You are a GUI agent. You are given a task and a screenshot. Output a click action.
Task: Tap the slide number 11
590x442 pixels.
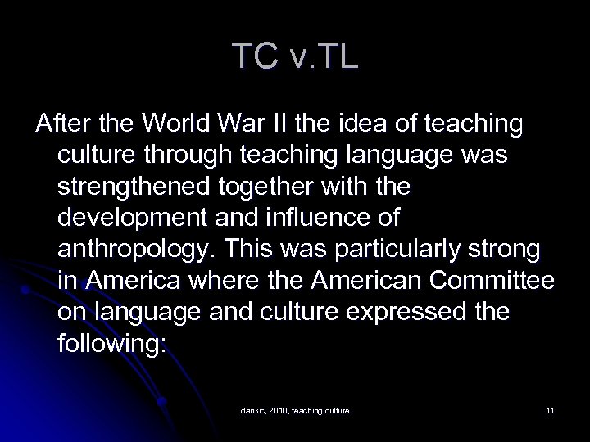[x=550, y=409]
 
